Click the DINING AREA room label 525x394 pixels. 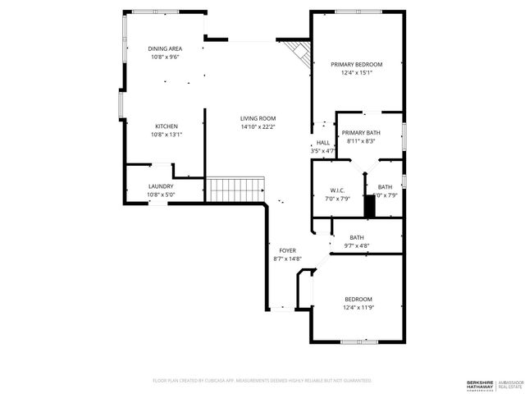[x=164, y=48]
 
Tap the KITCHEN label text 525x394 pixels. [x=164, y=126]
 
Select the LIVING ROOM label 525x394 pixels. [x=258, y=118]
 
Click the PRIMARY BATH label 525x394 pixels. [x=361, y=132]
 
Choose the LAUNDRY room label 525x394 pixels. [x=161, y=186]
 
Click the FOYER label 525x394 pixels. [x=287, y=250]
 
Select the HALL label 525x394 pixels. [x=323, y=143]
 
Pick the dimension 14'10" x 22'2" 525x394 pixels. [x=258, y=127]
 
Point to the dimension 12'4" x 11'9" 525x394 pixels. [x=358, y=308]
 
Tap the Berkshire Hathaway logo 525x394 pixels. [x=481, y=384]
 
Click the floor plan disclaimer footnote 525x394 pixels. [x=262, y=381]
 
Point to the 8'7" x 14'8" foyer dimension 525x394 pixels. [x=287, y=259]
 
